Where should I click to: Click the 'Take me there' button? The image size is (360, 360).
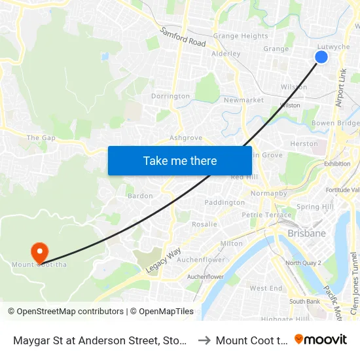tap(180, 161)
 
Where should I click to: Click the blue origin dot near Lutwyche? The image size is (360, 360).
tap(321, 57)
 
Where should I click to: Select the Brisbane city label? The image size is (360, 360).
tap(306, 233)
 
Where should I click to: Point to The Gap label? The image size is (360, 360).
tap(41, 138)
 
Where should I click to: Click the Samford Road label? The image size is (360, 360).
tap(183, 37)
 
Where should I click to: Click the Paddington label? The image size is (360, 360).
tap(225, 203)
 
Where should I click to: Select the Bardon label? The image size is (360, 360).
tap(140, 196)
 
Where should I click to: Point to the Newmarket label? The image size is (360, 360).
tap(243, 100)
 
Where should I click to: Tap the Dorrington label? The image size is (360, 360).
tap(170, 96)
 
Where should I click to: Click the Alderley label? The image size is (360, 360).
tap(226, 54)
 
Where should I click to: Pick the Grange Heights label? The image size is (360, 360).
tap(240, 36)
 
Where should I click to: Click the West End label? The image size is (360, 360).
tap(266, 288)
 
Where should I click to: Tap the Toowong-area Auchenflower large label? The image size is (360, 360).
tap(201, 259)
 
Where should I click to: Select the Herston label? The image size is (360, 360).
tap(304, 143)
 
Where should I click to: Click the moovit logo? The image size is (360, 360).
tap(321, 339)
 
